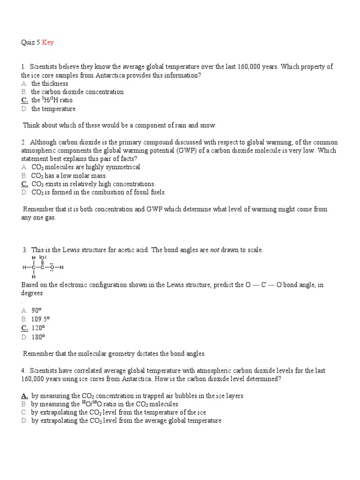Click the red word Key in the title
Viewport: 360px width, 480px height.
[48, 43]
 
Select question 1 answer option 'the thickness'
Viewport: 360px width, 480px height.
[49, 83]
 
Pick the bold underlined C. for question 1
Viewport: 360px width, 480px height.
[24, 100]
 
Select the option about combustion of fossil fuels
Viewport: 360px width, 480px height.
[98, 192]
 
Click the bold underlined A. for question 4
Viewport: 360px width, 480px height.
[24, 396]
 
